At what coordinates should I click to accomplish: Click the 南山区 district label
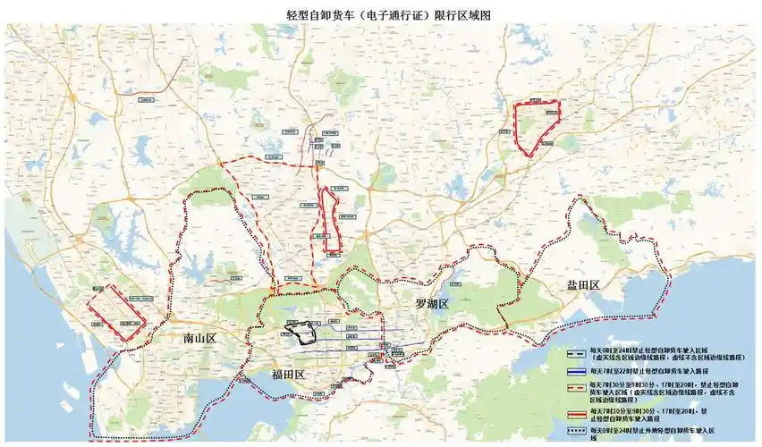click(199, 340)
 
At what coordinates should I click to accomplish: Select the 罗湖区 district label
click(436, 305)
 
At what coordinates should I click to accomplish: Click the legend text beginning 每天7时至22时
click(648, 370)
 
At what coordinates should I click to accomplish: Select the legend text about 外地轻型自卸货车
click(663, 434)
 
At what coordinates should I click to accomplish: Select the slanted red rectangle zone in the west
click(115, 312)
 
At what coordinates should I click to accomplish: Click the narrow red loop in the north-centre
click(331, 219)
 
